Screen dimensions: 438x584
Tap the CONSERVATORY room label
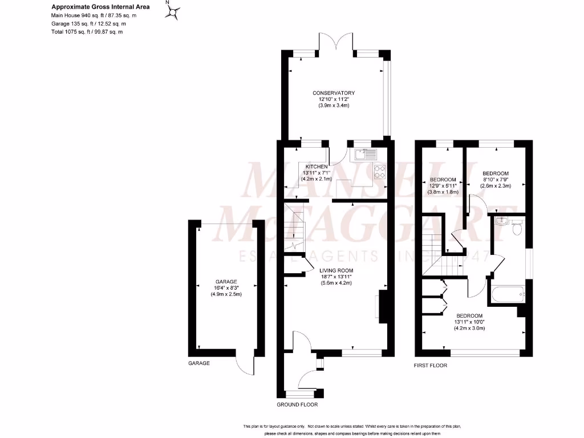[x=334, y=93]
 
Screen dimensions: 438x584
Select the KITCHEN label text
[x=316, y=167]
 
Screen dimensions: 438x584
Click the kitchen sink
[x=365, y=153]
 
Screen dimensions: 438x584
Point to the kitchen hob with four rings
[x=379, y=171]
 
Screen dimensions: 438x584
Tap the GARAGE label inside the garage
[x=226, y=282]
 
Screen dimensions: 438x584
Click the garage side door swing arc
[x=247, y=365]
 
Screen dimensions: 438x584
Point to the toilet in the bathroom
[x=518, y=228]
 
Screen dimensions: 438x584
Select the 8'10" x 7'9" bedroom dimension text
[x=496, y=180]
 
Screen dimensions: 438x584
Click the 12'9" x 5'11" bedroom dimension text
[x=443, y=186]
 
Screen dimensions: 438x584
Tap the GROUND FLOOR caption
[x=297, y=404]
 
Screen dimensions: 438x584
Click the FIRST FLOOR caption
[x=431, y=365]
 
